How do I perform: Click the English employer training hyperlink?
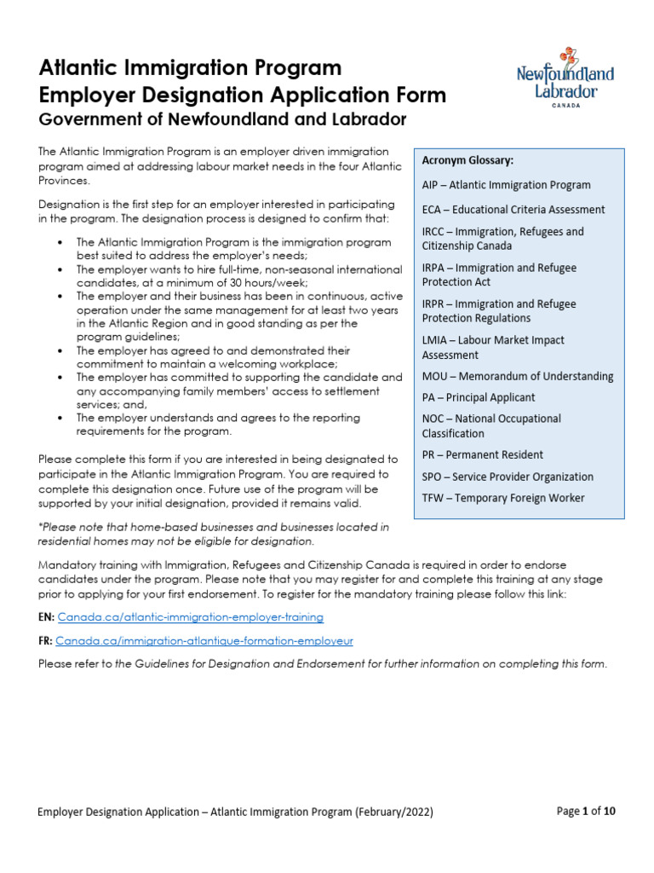click(x=190, y=616)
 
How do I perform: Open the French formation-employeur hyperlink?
click(x=204, y=640)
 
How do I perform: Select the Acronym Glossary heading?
click(x=468, y=160)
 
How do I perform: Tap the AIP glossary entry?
click(x=505, y=185)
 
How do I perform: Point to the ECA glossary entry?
click(x=513, y=210)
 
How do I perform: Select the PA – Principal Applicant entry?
click(x=478, y=397)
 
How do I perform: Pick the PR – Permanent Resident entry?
click(x=482, y=454)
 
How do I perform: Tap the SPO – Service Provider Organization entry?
click(x=508, y=477)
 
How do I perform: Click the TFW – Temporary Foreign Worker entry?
click(x=503, y=498)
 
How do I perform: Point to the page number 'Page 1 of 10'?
click(x=586, y=812)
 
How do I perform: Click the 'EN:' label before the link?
click(x=46, y=616)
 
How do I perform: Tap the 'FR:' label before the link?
click(x=46, y=640)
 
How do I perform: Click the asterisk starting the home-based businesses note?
click(x=40, y=528)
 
